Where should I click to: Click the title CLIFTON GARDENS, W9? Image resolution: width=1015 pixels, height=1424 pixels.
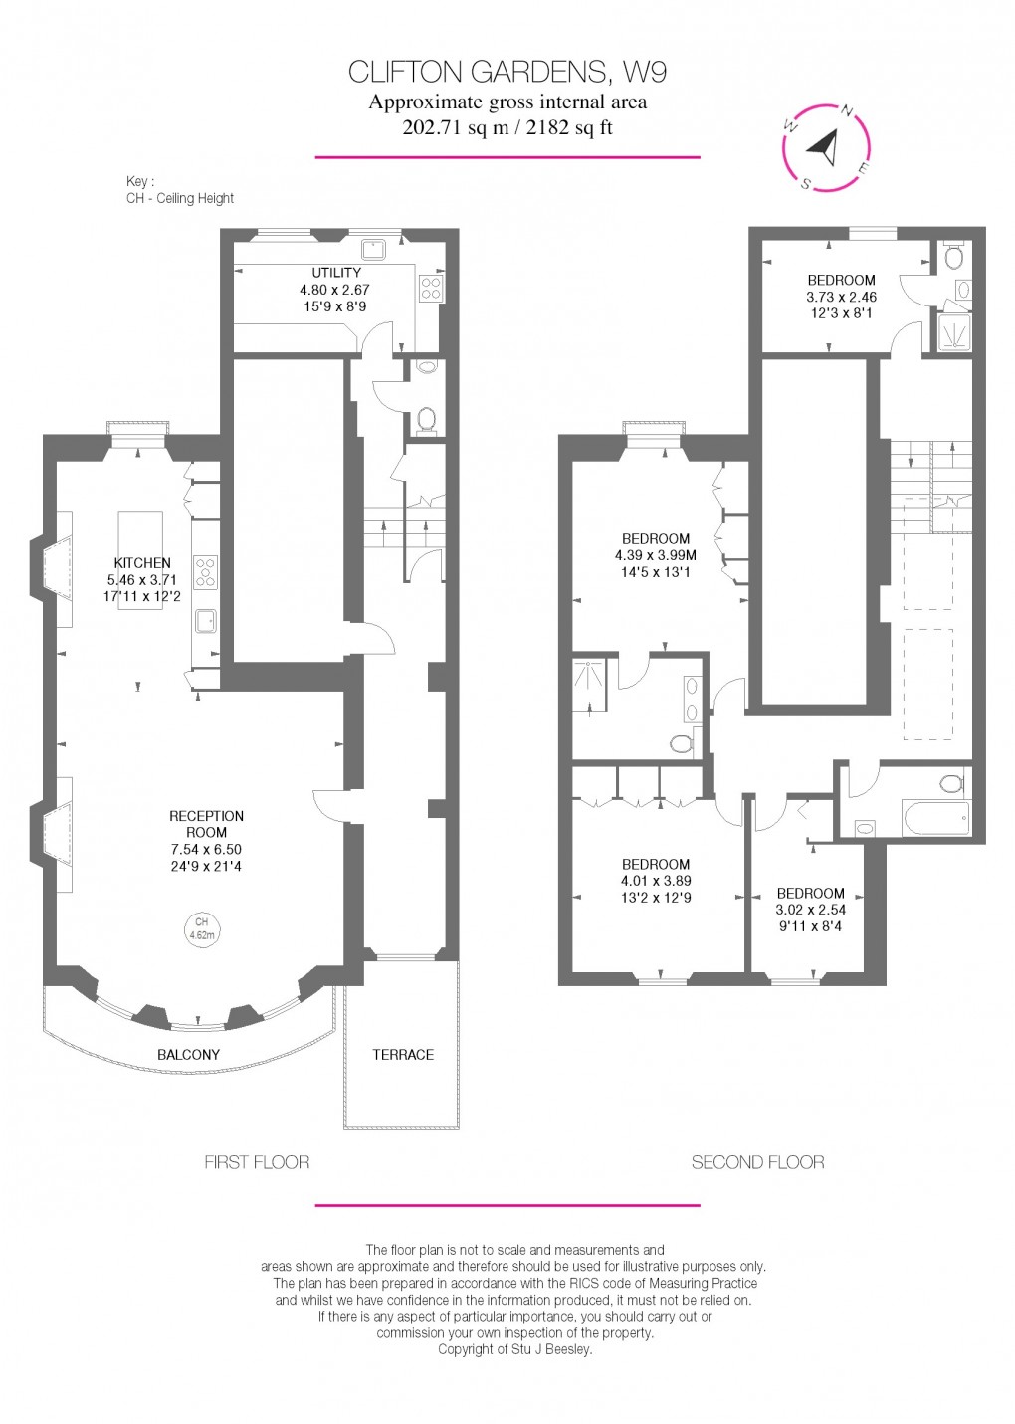(x=507, y=72)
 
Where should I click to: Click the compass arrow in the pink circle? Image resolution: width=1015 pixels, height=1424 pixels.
(x=824, y=149)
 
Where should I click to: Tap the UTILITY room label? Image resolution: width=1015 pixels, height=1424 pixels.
(x=336, y=272)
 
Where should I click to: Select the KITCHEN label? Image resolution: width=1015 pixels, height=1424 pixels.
(x=142, y=563)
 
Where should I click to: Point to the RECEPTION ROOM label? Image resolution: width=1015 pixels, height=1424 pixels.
(x=207, y=824)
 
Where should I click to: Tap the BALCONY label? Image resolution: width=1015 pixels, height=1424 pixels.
(x=188, y=1054)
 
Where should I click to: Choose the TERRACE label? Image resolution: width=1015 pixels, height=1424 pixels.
(x=403, y=1054)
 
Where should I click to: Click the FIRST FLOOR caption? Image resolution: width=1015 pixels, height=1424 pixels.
(x=257, y=1161)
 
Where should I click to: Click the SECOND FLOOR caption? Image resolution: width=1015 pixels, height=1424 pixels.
(x=757, y=1161)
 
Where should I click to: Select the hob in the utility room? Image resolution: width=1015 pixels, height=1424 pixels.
(x=432, y=289)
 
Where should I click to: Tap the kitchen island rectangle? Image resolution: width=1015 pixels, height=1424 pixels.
(x=140, y=559)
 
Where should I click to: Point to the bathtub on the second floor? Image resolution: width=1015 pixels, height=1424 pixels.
(x=934, y=819)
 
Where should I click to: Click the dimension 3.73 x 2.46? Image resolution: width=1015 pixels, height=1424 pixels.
(x=841, y=297)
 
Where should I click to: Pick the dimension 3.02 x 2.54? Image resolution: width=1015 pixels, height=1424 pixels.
(x=810, y=910)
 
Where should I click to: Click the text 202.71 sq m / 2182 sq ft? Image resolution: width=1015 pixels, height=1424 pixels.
(x=507, y=127)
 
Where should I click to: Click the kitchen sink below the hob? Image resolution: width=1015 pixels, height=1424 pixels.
(x=206, y=621)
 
